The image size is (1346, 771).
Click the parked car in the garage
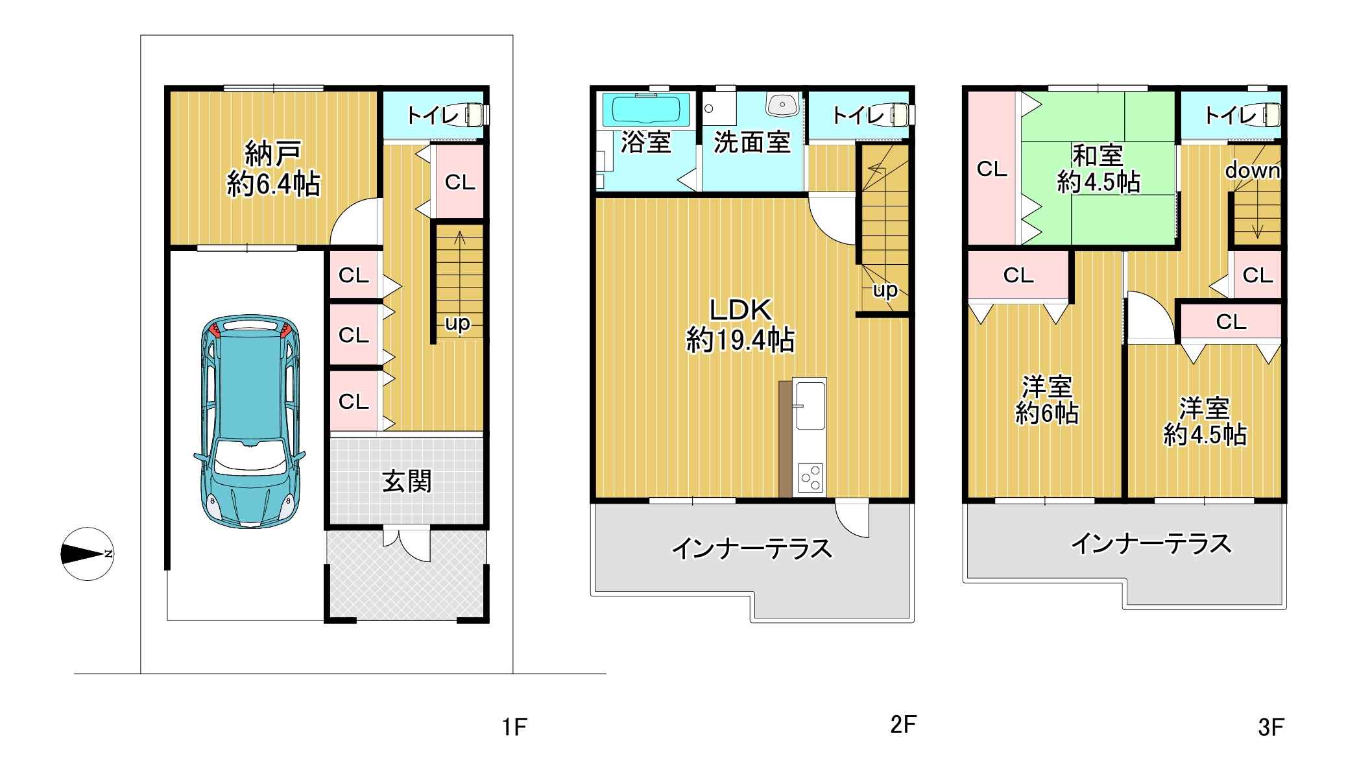tap(250, 422)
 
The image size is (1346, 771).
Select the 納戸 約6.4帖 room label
tap(273, 169)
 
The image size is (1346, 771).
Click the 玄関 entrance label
tap(407, 482)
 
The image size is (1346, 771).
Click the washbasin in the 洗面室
tap(783, 104)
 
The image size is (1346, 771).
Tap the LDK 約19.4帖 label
tap(740, 325)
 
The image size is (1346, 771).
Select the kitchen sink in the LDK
tap(810, 405)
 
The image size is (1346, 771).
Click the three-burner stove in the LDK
tap(811, 479)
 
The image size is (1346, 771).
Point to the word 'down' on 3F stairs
tap(1252, 171)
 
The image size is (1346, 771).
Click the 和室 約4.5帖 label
tap(1098, 169)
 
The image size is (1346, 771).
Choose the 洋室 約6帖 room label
tap(1046, 400)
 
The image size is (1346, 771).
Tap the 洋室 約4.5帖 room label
tap(1205, 422)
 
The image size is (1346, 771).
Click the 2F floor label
tap(903, 724)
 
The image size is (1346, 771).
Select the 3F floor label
tap(1271, 728)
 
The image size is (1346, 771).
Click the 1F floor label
tap(514, 728)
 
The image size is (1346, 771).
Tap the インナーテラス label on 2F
tap(752, 549)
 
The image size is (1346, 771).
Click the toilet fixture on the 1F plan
tap(473, 114)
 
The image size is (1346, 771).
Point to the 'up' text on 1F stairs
tap(457, 323)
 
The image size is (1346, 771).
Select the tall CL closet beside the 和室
tap(992, 169)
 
